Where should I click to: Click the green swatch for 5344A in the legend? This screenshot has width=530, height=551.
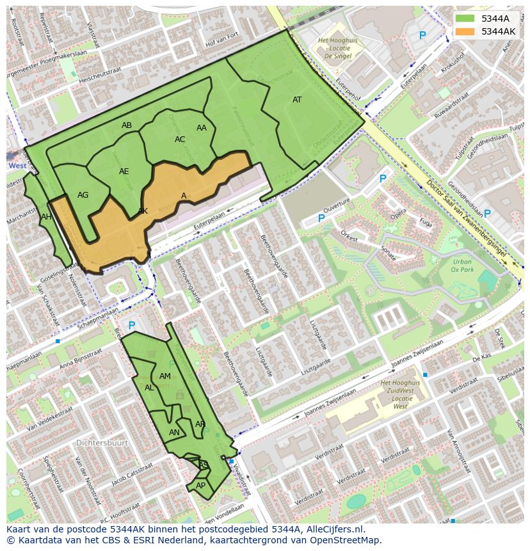465,19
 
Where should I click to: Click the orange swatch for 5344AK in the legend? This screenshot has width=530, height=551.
465,31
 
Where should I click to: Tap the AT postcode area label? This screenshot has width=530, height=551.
297,100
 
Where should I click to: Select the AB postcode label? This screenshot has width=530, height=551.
127,125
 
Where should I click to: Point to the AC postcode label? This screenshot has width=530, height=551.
180,140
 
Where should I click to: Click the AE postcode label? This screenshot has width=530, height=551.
124,172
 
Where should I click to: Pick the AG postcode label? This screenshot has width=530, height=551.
83,195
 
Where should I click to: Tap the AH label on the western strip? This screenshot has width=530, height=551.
46,217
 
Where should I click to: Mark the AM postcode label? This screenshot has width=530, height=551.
165,376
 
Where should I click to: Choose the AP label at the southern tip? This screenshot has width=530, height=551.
200,486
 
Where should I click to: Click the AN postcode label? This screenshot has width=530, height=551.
174,433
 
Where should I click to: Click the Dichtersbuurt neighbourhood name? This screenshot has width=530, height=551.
102,443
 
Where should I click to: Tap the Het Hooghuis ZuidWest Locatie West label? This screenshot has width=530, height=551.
400,394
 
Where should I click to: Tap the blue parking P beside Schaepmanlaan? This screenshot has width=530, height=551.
131,326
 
